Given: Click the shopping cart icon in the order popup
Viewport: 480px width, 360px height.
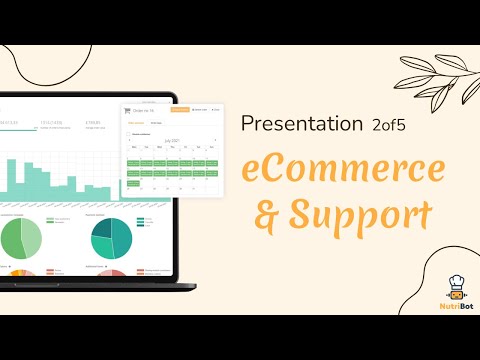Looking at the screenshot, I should click(127, 110).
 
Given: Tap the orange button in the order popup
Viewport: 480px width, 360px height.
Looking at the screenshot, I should click(179, 109).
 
